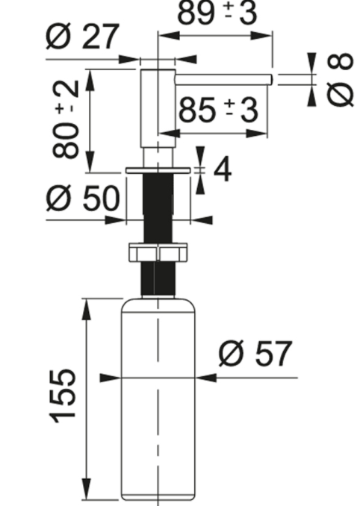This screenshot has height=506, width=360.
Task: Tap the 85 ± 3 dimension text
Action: click(x=219, y=110)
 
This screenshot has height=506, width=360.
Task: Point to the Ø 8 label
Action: click(x=340, y=79)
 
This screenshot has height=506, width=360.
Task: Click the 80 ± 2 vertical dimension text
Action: click(x=66, y=119)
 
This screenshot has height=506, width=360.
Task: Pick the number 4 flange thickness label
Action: click(x=223, y=170)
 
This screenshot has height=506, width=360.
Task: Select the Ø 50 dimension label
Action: click(x=83, y=198)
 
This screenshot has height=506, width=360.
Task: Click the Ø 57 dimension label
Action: click(x=255, y=353)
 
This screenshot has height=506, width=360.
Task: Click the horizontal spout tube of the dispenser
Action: click(x=223, y=79)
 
